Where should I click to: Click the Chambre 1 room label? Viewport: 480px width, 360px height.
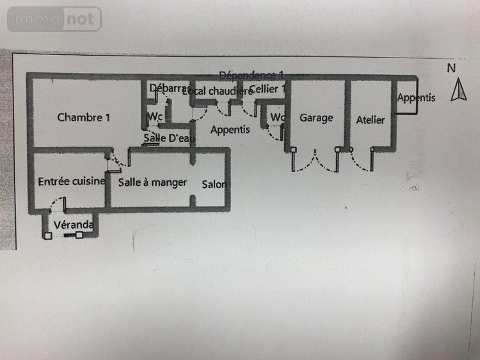point(84,118)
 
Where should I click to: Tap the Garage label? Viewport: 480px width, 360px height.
point(316,118)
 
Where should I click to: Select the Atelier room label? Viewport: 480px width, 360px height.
point(371,120)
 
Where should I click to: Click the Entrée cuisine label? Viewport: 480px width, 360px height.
point(71,182)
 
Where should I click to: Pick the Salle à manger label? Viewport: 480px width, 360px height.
point(152,183)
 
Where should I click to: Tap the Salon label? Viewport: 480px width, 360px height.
point(214,185)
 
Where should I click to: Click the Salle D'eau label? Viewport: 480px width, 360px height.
point(164,138)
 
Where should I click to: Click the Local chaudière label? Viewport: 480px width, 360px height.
point(218,91)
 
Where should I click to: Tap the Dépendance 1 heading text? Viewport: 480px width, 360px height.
point(252,75)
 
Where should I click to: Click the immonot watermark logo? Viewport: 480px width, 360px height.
point(54,19)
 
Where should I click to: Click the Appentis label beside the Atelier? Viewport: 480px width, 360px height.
point(416,98)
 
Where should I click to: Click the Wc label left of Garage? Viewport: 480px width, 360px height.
point(276,118)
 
